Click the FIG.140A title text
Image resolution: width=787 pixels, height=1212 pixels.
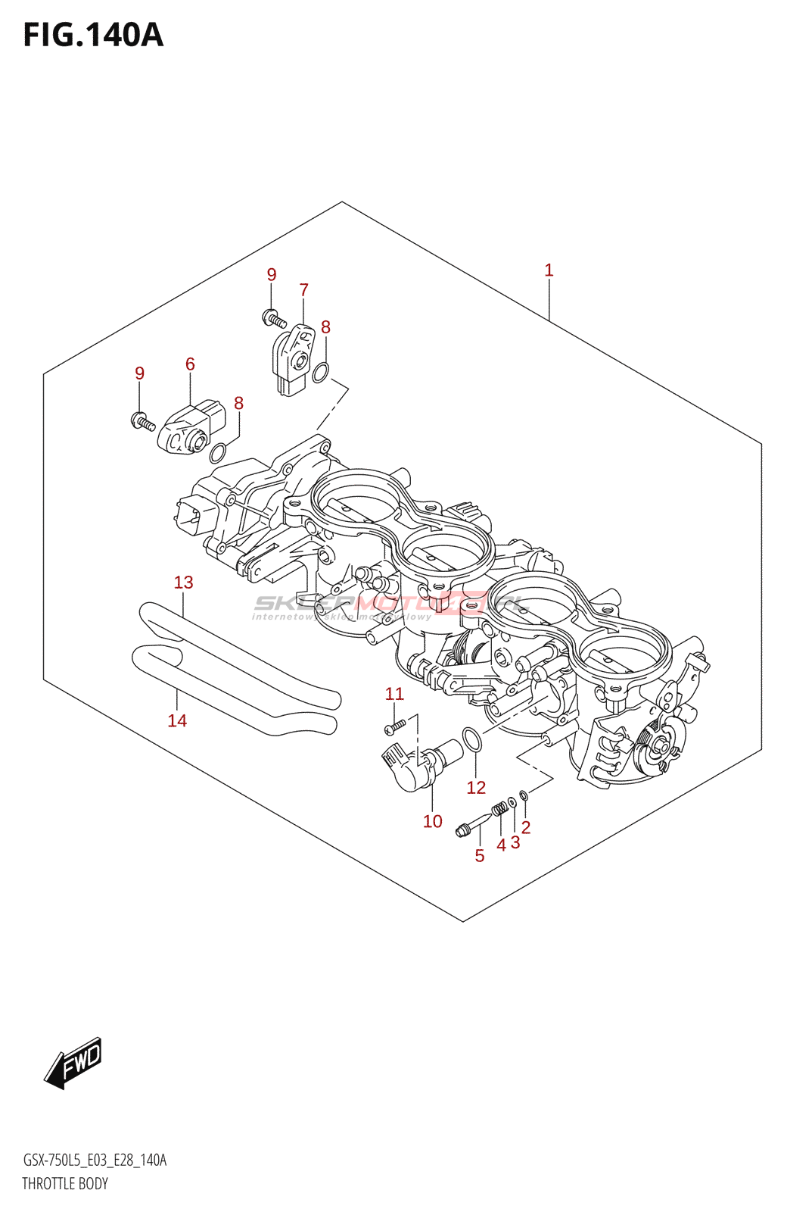tap(93, 35)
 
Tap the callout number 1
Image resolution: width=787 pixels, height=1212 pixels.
tap(549, 270)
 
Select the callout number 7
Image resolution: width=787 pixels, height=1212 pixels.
tap(303, 289)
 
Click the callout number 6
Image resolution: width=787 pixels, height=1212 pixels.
tap(190, 364)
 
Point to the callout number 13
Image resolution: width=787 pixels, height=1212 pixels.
tap(183, 582)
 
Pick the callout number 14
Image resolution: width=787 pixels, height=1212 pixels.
tap(177, 720)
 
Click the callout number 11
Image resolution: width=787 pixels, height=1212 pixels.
tap(394, 693)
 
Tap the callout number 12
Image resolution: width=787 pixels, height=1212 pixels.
tap(475, 787)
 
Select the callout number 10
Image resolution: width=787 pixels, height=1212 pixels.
tap(432, 821)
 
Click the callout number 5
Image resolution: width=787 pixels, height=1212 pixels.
tap(479, 855)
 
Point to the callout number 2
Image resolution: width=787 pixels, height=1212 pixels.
tap(526, 827)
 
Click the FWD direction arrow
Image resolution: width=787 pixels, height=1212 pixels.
tap(73, 1063)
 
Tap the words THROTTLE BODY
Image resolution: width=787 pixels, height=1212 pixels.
tap(65, 1183)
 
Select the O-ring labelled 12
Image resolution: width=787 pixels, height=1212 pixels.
tap(471, 740)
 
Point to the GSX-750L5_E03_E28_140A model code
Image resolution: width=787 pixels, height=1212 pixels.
tap(95, 1160)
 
